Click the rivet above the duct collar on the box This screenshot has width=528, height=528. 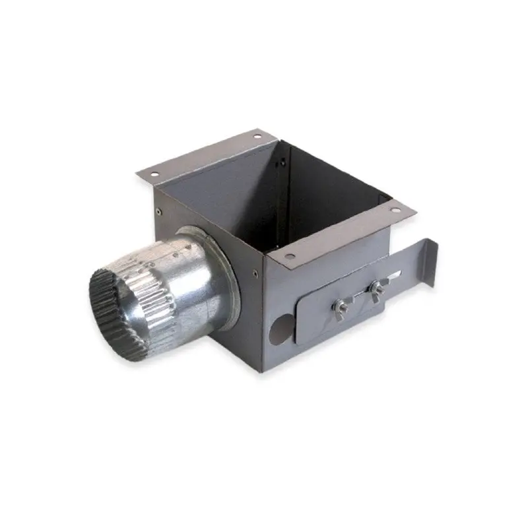click(x=160, y=211)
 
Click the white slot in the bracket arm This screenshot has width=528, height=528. click(x=398, y=274)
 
